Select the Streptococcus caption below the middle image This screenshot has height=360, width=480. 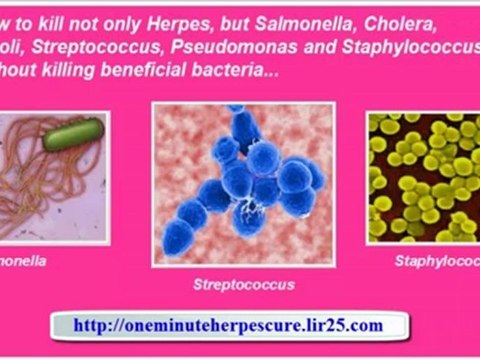pos(243,284)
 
